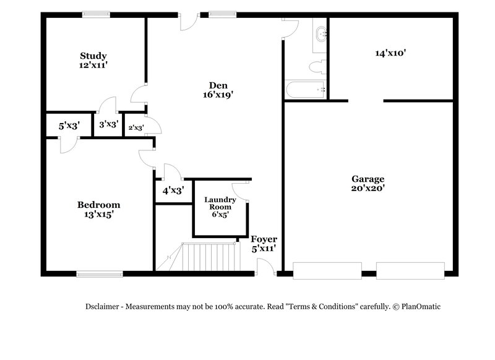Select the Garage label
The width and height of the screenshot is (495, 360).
coord(369,178)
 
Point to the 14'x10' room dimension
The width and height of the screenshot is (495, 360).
coord(390,53)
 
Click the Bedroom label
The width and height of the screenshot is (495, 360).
coord(98,205)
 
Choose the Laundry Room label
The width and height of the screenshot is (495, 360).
coord(220,204)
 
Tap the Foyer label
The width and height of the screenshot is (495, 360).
coord(264,239)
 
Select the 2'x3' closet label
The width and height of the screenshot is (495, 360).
coord(136,128)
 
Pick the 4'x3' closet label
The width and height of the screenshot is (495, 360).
coord(173,191)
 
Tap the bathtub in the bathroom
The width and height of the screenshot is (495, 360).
coord(304,90)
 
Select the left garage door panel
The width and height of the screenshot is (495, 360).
coord(327,270)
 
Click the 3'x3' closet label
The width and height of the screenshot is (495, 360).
coord(109,124)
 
